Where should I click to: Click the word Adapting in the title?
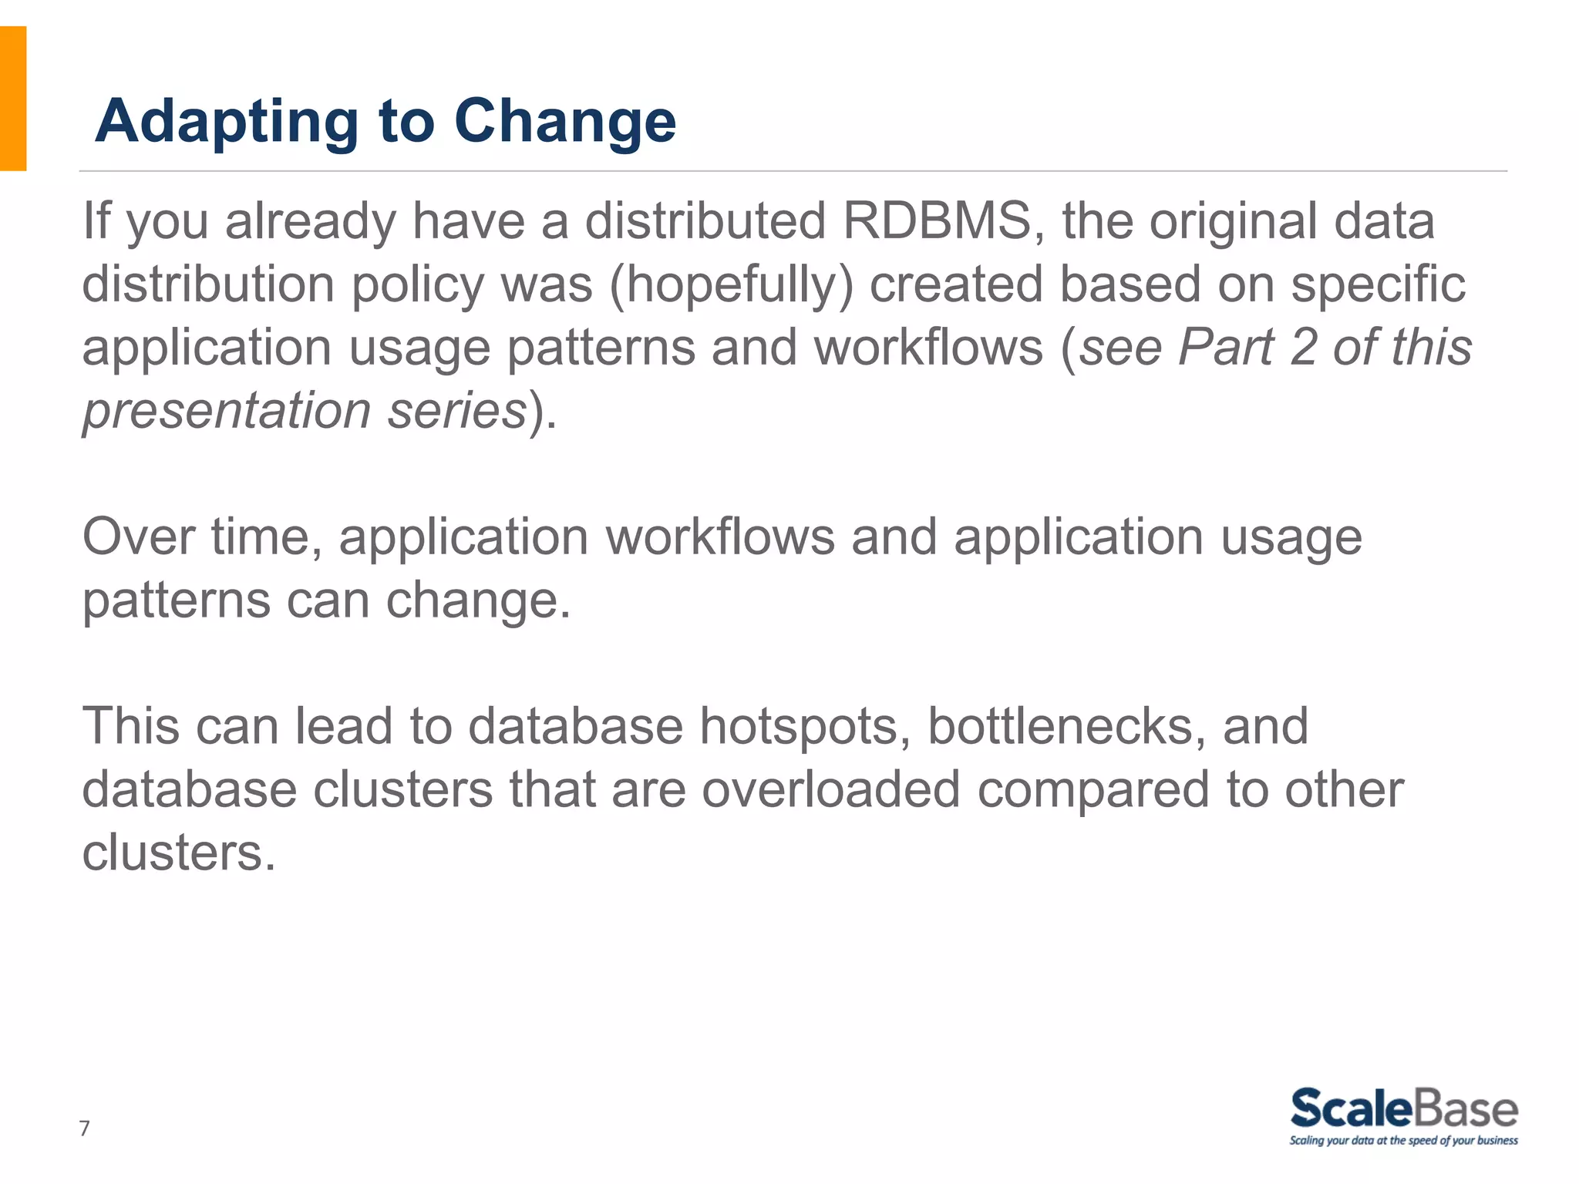227,122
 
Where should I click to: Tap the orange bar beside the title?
13,98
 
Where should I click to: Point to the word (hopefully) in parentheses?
731,284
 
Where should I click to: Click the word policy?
417,284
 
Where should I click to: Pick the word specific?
1378,284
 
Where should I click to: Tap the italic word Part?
1226,348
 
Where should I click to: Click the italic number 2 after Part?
1303,348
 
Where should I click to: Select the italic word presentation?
227,411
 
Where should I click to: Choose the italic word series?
456,411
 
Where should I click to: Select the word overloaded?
830,790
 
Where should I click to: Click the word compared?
1093,790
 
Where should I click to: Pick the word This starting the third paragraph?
130,727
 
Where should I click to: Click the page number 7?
85,1128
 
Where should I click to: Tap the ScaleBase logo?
1403,1109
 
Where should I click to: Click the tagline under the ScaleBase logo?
1403,1141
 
